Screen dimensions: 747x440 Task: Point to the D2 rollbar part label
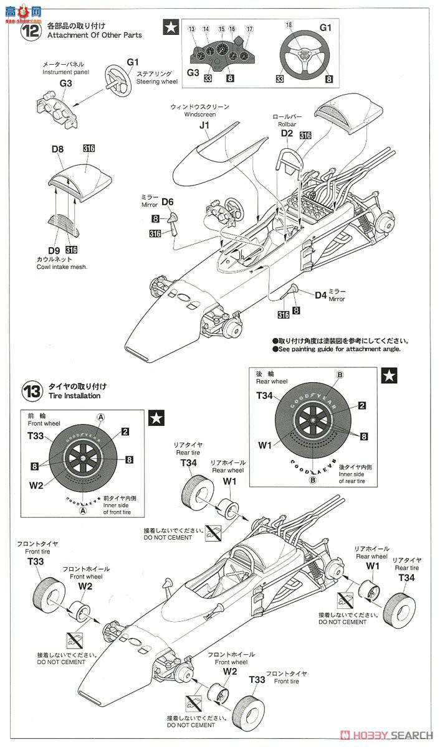point(287,133)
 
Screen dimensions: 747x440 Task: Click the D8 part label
point(57,149)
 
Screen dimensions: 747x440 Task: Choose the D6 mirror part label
point(166,202)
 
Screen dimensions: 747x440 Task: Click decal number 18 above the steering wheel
point(289,24)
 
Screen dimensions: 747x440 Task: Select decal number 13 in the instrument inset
point(191,29)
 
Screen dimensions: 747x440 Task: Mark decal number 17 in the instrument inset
point(249,29)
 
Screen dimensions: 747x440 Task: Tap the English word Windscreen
point(203,115)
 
